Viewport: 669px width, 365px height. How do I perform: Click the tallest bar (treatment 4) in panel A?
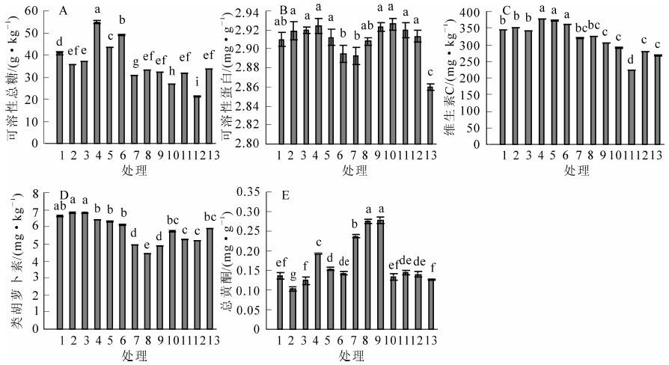pyautogui.click(x=97, y=82)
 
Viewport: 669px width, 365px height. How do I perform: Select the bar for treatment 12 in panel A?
pyautogui.click(x=197, y=120)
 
